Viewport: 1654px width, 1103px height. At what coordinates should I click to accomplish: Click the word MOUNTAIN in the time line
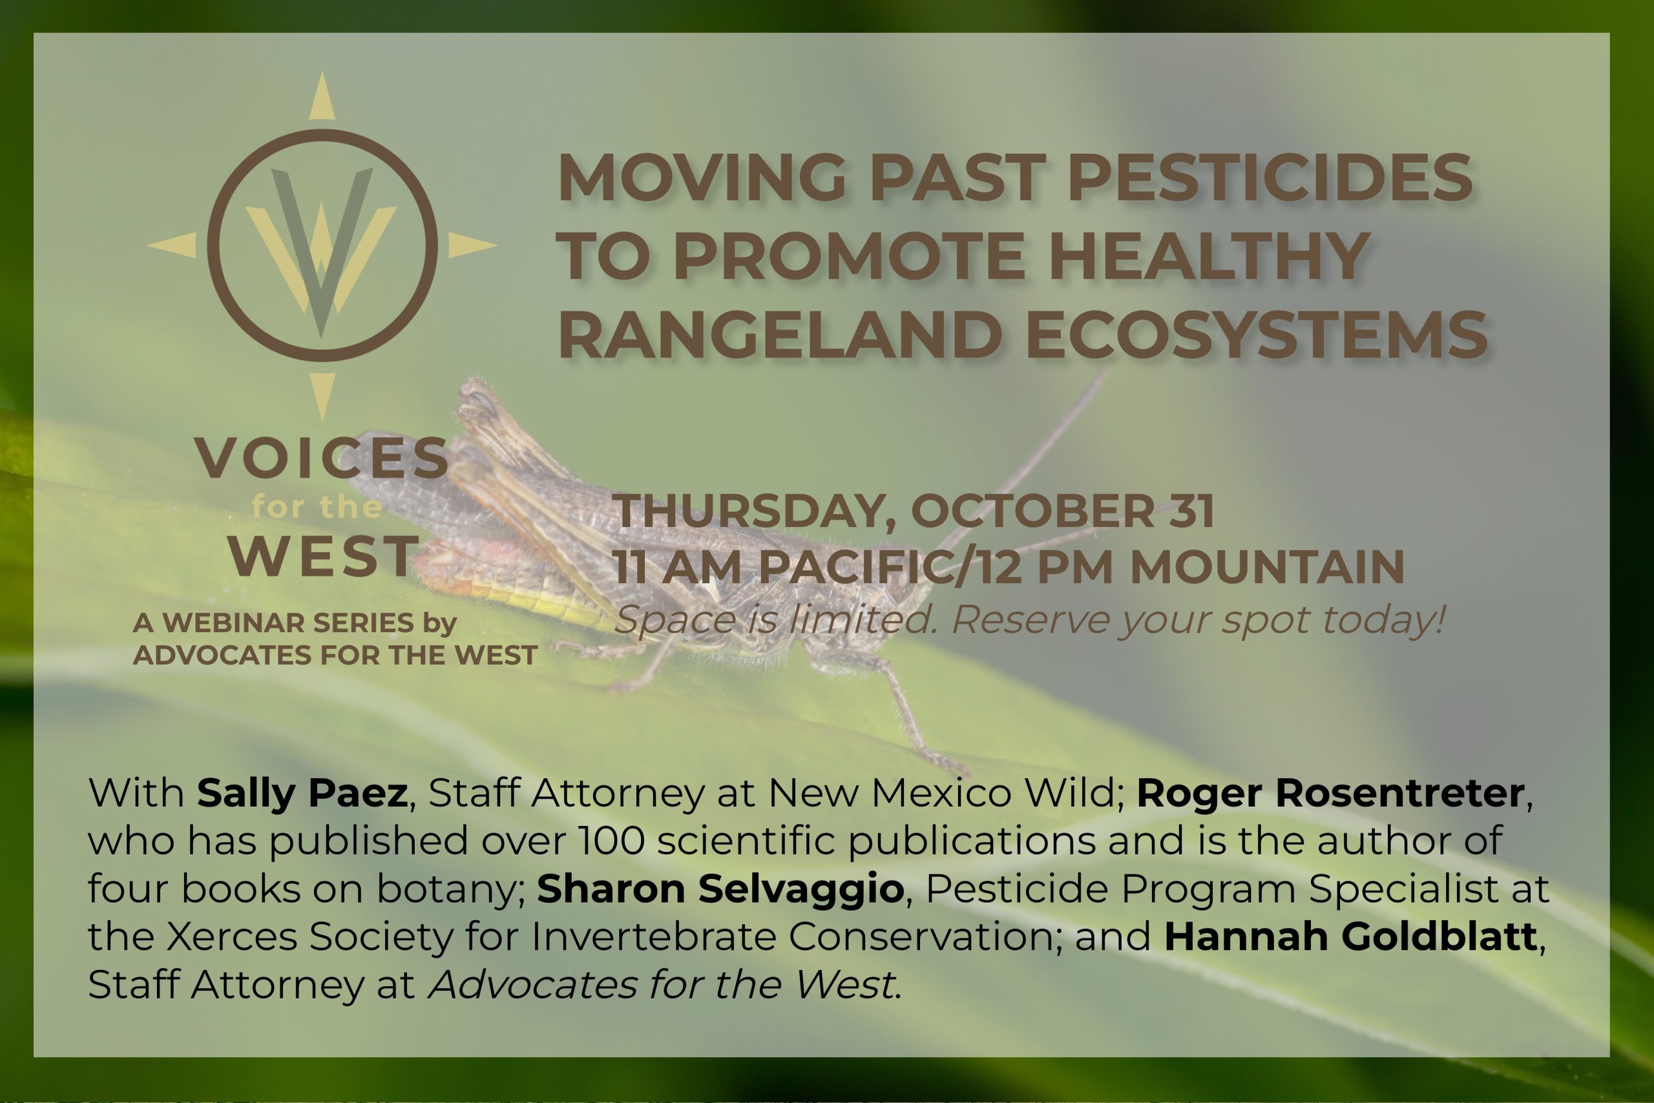point(1267,567)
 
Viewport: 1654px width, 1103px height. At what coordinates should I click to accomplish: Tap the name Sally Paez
point(302,794)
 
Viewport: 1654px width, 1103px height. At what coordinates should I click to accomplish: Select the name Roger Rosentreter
point(1330,794)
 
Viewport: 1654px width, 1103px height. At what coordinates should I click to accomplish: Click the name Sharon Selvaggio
point(720,889)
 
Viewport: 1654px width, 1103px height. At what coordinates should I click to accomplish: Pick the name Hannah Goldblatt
point(1350,937)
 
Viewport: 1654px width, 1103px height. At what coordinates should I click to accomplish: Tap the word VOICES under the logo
point(322,459)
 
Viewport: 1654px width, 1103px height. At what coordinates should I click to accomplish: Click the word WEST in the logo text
point(324,556)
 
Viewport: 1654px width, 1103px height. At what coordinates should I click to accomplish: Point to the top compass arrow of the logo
point(322,97)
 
